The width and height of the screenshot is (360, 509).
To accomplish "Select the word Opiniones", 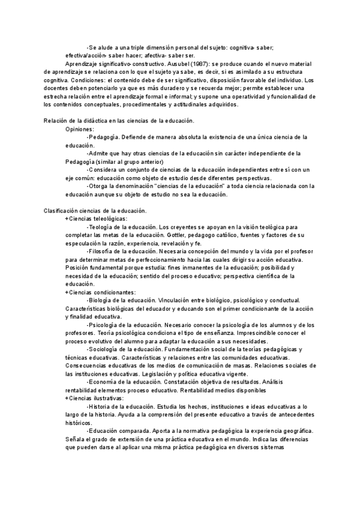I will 80,128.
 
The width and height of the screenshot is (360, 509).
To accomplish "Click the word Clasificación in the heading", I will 62,211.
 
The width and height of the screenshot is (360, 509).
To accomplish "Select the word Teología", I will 101,227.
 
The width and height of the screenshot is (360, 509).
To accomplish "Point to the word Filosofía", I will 102,251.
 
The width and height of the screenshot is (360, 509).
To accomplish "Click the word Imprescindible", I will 274,333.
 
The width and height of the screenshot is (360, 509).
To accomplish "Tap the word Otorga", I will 99,186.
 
